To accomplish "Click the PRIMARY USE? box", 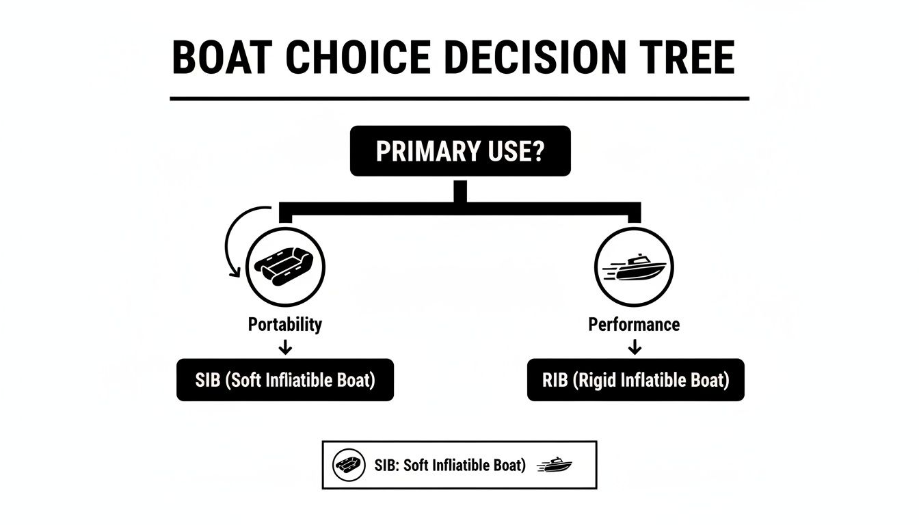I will [459, 151].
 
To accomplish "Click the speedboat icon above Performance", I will [635, 267].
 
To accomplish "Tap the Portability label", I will [285, 324].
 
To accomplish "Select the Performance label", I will [634, 324].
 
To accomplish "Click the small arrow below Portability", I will [286, 348].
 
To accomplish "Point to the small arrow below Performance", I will [635, 348].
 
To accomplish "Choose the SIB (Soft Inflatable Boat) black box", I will [285, 380].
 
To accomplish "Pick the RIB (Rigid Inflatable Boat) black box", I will [635, 380].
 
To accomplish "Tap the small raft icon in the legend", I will [346, 466].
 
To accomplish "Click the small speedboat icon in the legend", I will [555, 466].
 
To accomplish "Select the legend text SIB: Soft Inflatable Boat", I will [450, 466].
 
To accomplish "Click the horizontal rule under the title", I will [459, 99].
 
